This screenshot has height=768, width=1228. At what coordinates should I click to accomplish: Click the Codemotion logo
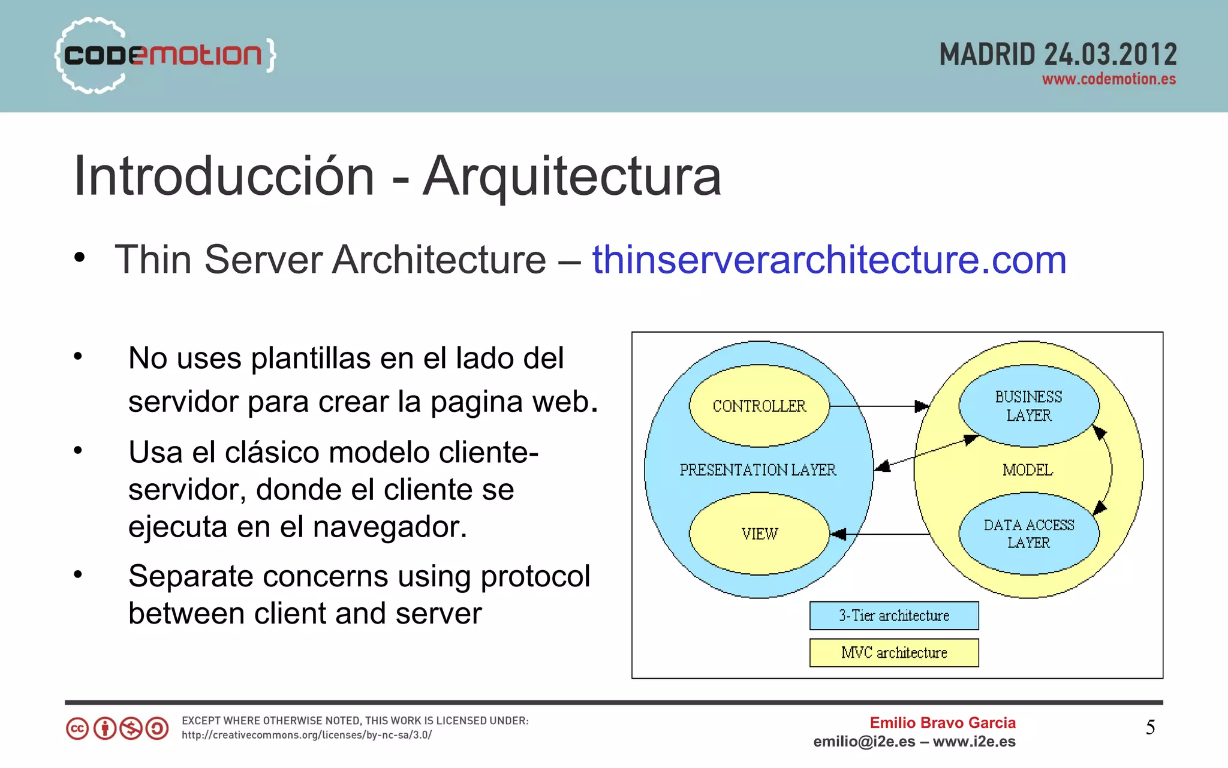coord(163,55)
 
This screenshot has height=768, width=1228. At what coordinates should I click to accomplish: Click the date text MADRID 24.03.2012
coord(1058,55)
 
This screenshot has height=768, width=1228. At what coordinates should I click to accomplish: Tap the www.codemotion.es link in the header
coord(1108,80)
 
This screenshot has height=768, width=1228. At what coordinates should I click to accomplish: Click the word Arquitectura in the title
coord(571,176)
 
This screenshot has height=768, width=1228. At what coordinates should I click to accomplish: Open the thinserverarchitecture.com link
coord(829,260)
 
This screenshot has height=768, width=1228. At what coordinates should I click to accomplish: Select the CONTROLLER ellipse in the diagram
coord(759,406)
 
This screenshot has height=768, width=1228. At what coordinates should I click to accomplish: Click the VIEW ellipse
coord(759,534)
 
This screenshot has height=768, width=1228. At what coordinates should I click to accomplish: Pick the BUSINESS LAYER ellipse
coord(1028,406)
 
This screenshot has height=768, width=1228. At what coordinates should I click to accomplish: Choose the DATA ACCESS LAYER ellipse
coord(1028,534)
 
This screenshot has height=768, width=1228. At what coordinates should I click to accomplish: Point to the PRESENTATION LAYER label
coord(757,470)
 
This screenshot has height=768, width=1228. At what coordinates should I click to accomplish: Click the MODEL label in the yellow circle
coord(1027,470)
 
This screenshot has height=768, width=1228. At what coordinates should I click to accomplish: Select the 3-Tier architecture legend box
coord(893,616)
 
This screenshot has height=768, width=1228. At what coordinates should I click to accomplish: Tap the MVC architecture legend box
coord(893,653)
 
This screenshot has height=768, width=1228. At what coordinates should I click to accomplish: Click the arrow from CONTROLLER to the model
coord(878,406)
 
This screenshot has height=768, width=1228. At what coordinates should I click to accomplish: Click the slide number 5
coord(1150,727)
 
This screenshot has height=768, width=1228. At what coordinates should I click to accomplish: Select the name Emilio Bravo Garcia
coord(943,722)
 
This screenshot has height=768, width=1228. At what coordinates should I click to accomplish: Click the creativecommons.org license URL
coord(306,735)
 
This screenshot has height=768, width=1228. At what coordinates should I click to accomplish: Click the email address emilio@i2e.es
coord(863,742)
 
